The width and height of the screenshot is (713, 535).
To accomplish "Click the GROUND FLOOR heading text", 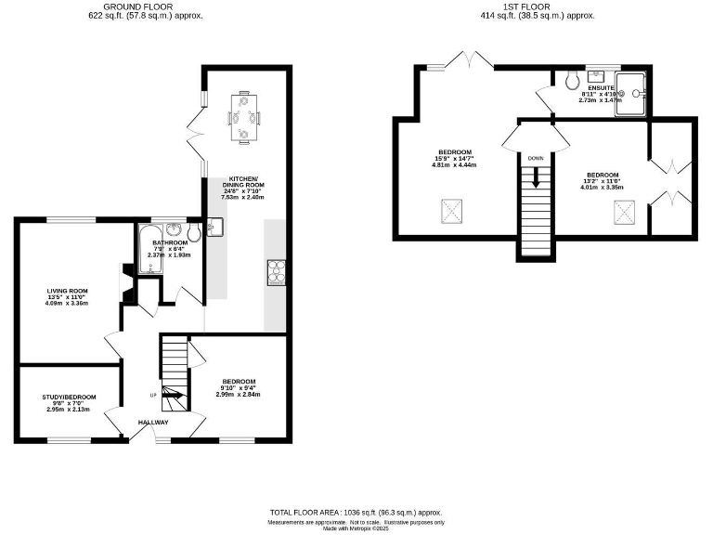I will pos(146,6).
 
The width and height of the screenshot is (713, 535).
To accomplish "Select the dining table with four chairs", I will pos(244,117).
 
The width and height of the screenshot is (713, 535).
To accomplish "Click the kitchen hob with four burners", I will pos(276,270).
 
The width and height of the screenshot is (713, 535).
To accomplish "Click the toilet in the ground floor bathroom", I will pos(192,231).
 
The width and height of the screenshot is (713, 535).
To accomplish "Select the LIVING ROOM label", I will pos(67,291).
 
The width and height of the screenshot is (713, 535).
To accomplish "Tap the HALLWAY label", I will pos(153,423).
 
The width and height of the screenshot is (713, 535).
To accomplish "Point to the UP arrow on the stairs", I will pos(174,398).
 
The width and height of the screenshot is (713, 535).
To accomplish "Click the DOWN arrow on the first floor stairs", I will pos(536,176).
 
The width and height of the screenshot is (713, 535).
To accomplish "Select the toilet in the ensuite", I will pos(571,81).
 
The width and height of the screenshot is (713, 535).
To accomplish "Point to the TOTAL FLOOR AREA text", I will pos(356,513).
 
